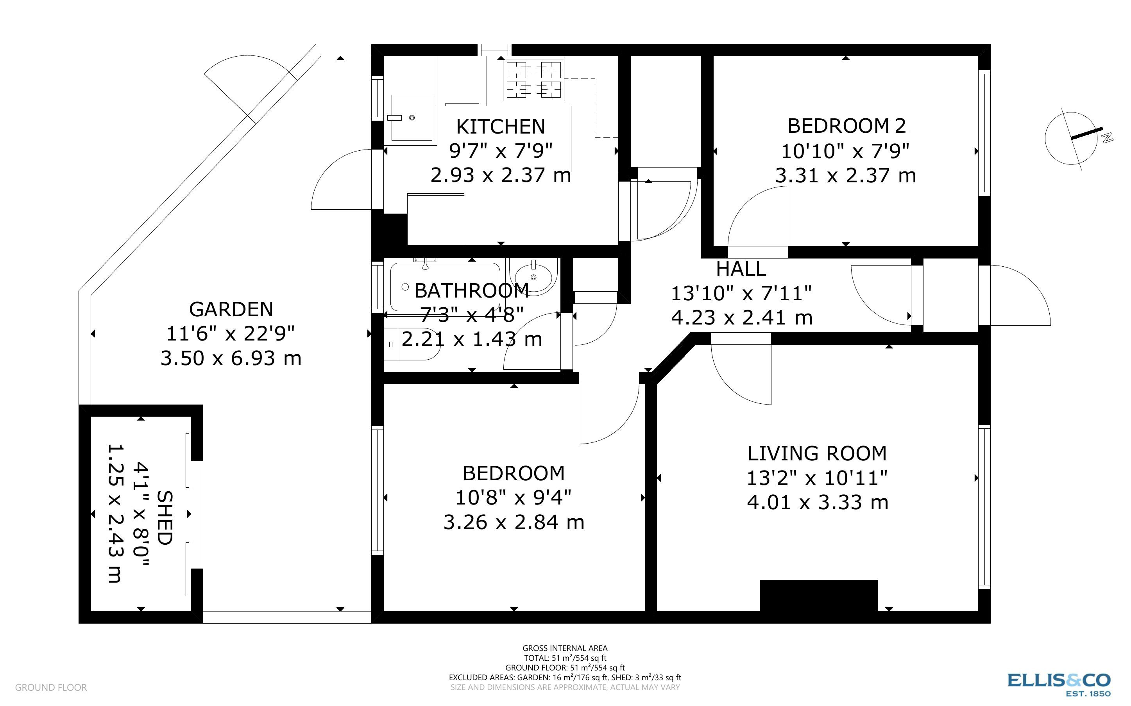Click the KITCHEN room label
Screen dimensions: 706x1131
[x=500, y=127]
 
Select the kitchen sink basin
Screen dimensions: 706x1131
[x=411, y=118]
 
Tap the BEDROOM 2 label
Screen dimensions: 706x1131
[x=846, y=126]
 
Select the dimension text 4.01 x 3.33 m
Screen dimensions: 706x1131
[x=817, y=503]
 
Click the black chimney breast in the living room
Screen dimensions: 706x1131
[x=818, y=595]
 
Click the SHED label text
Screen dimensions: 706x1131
[x=165, y=517]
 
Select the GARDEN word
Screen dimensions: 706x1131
[x=231, y=310]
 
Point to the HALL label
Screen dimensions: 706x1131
[x=741, y=269]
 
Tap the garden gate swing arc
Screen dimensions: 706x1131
[x=248, y=84]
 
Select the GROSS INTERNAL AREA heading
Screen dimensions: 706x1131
[x=565, y=648]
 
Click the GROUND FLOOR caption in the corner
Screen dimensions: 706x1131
[x=50, y=687]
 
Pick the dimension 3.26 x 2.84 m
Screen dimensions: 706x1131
[x=514, y=522]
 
